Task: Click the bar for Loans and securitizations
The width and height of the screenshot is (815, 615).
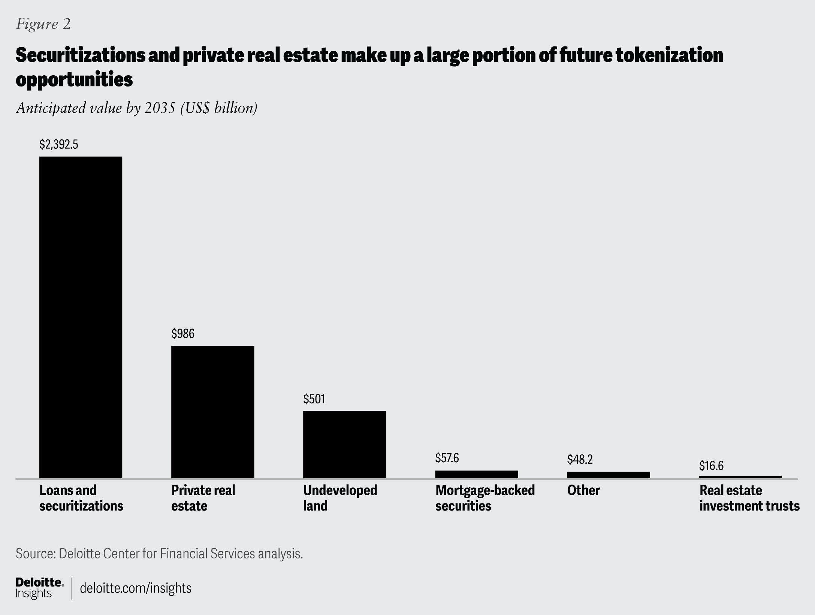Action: point(81,317)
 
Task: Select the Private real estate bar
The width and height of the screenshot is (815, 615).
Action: point(212,412)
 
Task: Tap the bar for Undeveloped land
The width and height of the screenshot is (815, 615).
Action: point(344,444)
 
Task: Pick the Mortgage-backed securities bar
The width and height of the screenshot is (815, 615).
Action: point(476,474)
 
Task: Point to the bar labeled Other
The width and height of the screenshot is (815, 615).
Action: point(608,475)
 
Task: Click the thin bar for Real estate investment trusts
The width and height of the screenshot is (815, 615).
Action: point(740,477)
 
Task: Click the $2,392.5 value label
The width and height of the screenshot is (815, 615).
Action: point(59,145)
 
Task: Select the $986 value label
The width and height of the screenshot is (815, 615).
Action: point(183,334)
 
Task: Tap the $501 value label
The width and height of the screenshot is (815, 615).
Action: point(314,399)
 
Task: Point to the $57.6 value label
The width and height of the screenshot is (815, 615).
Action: point(447,458)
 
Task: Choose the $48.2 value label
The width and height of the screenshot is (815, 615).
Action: point(580,460)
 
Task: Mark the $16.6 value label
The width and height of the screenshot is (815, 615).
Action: point(711,466)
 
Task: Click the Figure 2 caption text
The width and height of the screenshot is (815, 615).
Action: point(43,24)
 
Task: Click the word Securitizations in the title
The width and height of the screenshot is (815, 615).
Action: point(80,55)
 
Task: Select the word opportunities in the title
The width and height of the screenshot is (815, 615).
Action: point(74,79)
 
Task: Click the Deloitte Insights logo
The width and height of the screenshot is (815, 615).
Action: point(39,588)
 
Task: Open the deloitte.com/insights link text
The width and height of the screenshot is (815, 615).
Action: point(136,588)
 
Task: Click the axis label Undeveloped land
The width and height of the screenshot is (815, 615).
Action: point(339,498)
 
